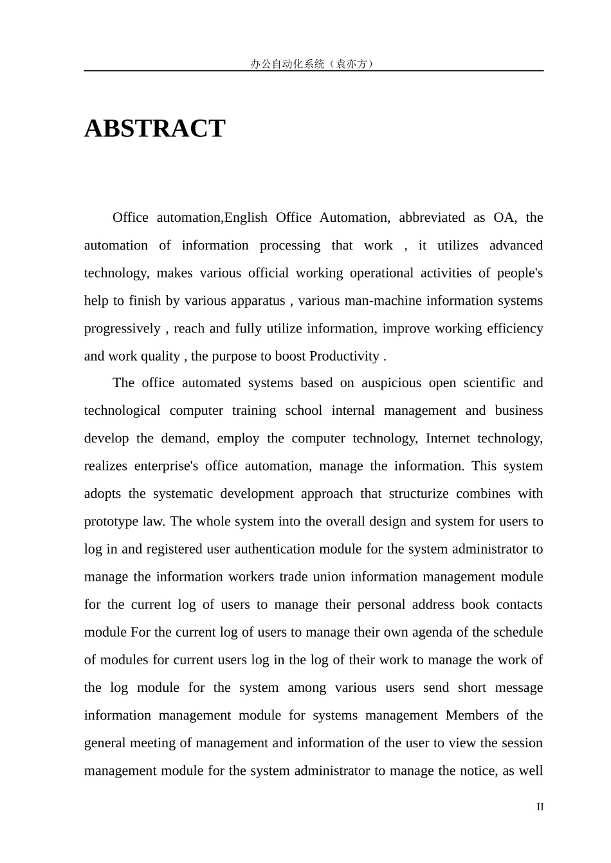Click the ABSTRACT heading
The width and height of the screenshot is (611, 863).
[154, 129]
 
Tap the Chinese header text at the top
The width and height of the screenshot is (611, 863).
[313, 64]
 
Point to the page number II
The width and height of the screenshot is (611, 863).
[540, 807]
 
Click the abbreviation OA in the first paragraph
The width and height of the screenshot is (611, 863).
[504, 217]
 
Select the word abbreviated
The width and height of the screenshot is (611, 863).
[432, 217]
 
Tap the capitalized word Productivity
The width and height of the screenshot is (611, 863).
[344, 356]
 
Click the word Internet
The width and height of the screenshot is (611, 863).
[446, 438]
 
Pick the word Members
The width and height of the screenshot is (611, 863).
[472, 714]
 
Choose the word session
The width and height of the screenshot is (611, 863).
[518, 742]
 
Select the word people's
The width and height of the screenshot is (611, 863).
[520, 273]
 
